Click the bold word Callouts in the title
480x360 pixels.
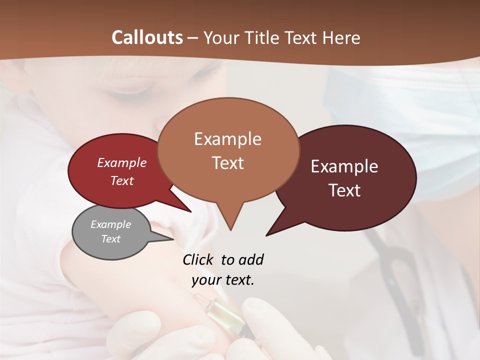tap(147, 37)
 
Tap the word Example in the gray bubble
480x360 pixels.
tap(110, 224)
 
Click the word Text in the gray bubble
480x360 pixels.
tap(110, 239)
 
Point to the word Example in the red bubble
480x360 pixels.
tap(121, 163)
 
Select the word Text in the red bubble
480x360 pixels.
tap(121, 180)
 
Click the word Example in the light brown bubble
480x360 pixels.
tap(227, 139)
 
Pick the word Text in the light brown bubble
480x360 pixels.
tap(227, 163)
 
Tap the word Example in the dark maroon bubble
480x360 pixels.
tap(344, 166)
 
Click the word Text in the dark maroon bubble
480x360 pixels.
tap(344, 190)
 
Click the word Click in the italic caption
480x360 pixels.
tap(198, 260)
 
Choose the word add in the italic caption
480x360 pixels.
tap(250, 260)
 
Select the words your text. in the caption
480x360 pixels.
tap(222, 280)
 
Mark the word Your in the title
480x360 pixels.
tap(222, 38)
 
